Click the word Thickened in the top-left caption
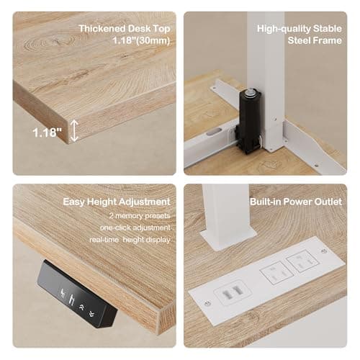coord(102,29)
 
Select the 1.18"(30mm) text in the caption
coord(141,40)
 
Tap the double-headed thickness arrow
coord(74,130)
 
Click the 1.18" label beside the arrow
coord(47,132)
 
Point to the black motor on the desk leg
coord(248,122)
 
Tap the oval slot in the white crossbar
coord(214,132)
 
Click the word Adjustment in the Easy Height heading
coord(145,202)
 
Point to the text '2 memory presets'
coord(140,216)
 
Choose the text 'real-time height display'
coord(130,240)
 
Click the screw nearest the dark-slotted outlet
coord(208,303)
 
